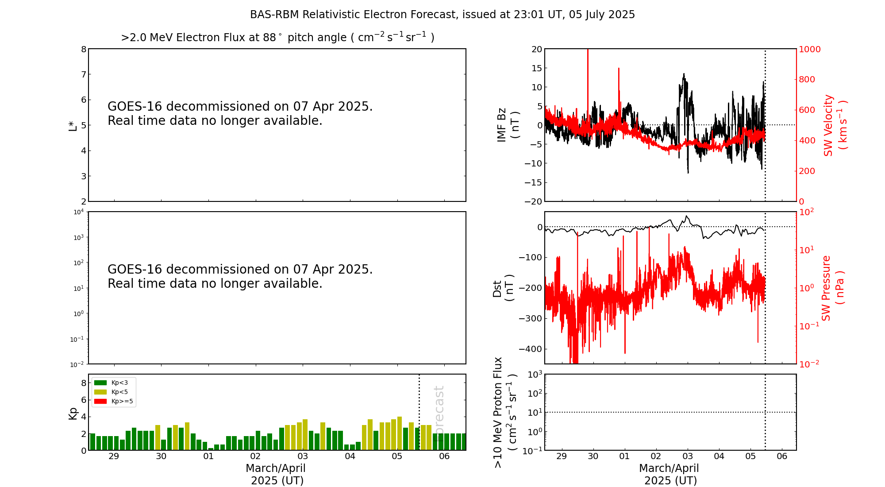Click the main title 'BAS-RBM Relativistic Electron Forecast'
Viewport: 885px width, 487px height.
click(353, 15)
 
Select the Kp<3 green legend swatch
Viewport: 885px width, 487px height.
click(100, 383)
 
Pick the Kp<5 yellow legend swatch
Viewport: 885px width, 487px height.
click(100, 392)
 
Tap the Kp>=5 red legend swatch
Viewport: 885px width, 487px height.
click(100, 402)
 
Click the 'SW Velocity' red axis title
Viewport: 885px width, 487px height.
click(828, 125)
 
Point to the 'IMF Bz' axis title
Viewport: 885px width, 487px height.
click(502, 125)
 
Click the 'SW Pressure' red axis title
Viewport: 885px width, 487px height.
click(826, 288)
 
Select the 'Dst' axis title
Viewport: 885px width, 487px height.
click(497, 288)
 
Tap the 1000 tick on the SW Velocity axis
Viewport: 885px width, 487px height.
click(809, 49)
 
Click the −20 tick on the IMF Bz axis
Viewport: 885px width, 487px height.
click(533, 201)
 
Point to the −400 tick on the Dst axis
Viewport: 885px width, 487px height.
click(531, 349)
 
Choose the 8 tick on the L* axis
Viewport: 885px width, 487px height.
click(84, 49)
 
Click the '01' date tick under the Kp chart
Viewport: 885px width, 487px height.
click(208, 456)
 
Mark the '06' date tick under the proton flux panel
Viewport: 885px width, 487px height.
click(782, 456)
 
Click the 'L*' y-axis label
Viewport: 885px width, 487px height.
click(73, 125)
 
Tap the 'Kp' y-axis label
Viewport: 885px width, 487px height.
click(73, 413)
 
